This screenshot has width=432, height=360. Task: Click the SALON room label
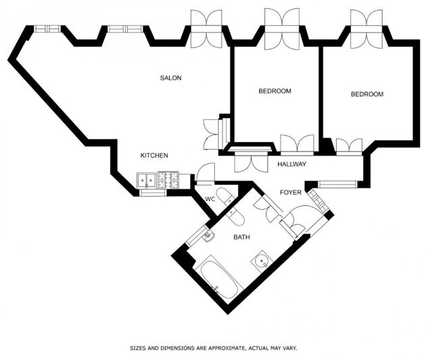(170, 78)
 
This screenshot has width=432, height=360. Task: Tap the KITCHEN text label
(154, 156)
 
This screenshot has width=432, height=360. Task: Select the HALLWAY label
(292, 164)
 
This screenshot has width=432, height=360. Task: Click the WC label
(210, 199)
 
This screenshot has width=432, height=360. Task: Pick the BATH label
(241, 238)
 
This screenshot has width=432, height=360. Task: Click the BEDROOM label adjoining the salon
(274, 91)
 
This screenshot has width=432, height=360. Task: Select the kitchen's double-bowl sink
(146, 181)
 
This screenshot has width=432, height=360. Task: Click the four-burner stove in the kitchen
(167, 180)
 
